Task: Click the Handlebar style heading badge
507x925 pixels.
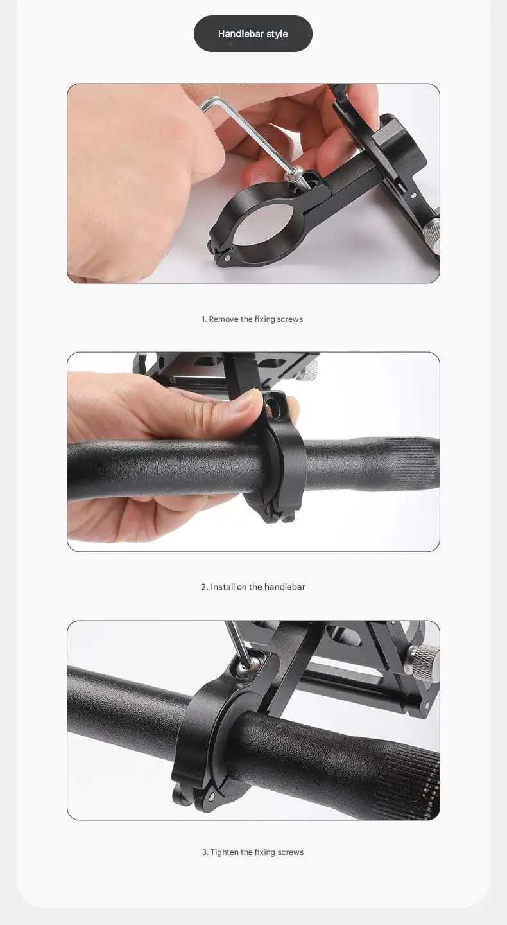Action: pyautogui.click(x=253, y=34)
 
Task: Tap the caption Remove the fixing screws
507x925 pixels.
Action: pyautogui.click(x=252, y=319)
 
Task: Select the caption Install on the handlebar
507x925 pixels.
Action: pyautogui.click(x=253, y=587)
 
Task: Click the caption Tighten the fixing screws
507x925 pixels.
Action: pyautogui.click(x=253, y=852)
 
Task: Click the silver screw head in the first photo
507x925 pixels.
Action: pyautogui.click(x=296, y=173)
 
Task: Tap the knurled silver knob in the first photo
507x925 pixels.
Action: pyautogui.click(x=433, y=230)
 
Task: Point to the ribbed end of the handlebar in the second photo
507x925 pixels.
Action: pyautogui.click(x=414, y=459)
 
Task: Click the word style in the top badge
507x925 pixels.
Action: pyautogui.click(x=277, y=34)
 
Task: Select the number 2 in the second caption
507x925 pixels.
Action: pyautogui.click(x=203, y=587)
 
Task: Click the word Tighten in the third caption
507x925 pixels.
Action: pyautogui.click(x=224, y=852)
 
